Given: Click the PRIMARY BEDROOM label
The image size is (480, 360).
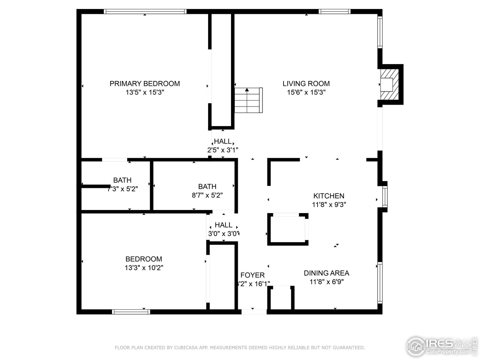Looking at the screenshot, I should [x=145, y=84].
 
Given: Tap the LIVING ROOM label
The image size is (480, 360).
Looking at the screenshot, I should [x=306, y=84].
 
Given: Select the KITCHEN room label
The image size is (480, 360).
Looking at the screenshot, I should [x=328, y=196].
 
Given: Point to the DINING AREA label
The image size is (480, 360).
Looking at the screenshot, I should [x=326, y=273].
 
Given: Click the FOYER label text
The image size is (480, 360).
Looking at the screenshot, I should [x=252, y=275].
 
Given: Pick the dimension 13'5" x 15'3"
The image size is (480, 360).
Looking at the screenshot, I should [x=145, y=93].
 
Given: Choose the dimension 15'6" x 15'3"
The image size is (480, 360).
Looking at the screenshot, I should [x=306, y=93].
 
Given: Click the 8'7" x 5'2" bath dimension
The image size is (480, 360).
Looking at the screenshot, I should [x=207, y=195].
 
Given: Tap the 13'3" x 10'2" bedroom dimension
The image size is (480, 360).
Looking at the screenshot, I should [x=144, y=268].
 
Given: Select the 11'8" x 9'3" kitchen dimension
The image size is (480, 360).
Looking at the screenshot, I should [x=328, y=205].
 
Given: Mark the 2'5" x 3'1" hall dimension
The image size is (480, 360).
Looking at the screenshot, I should [x=223, y=150].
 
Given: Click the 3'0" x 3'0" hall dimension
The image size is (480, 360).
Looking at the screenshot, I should [x=223, y=234].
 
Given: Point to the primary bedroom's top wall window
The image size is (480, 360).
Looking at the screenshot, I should [x=145, y=12].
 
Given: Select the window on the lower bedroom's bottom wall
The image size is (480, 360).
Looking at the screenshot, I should [x=131, y=312].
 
